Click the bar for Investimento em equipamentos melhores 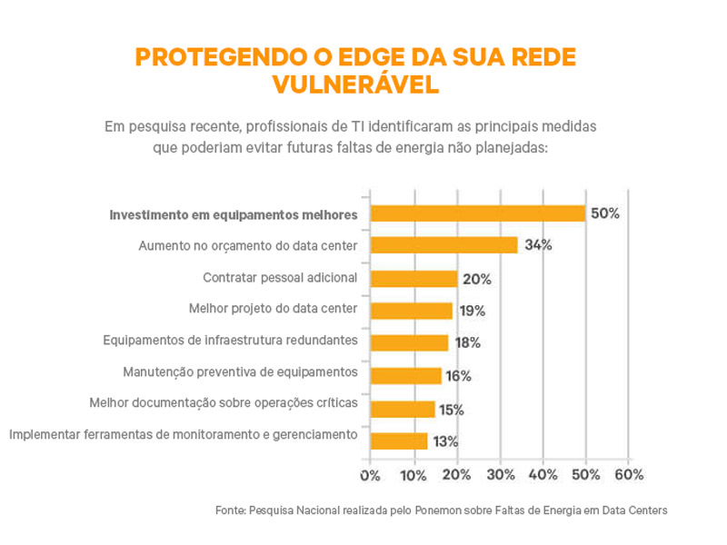[478, 213]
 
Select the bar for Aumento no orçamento [444, 245]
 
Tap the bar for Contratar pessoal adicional [413, 278]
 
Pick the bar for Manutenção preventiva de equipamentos [405, 375]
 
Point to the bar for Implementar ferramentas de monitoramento [399, 441]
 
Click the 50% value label [604, 213]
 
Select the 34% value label [538, 245]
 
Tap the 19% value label [471, 311]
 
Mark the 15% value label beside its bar [452, 409]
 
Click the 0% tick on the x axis [370, 474]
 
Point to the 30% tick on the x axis [500, 474]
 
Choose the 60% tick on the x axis [629, 474]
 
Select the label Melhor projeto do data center [273, 308]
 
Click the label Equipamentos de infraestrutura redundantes [231, 341]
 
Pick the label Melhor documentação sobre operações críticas [223, 401]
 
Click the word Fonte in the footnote [230, 510]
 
